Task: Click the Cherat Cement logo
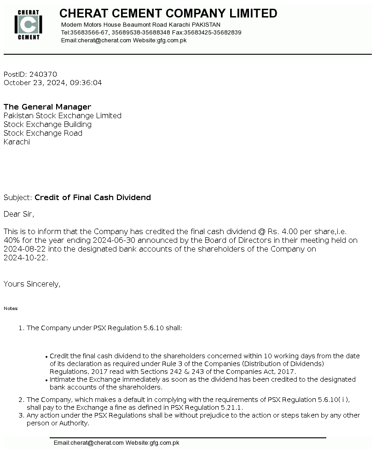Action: click(29, 25)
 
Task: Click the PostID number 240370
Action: click(43, 75)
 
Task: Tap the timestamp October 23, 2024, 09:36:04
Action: click(53, 83)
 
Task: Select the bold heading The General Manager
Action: click(47, 107)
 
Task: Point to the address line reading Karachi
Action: click(17, 142)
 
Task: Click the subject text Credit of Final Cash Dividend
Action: click(93, 198)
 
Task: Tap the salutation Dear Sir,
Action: click(19, 214)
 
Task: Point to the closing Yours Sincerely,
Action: click(32, 284)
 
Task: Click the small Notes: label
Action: click(11, 309)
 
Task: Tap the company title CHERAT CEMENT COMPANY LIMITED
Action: click(168, 14)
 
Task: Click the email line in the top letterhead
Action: click(123, 40)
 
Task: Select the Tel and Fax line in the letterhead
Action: click(151, 33)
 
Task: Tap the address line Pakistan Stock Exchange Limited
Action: click(63, 116)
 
